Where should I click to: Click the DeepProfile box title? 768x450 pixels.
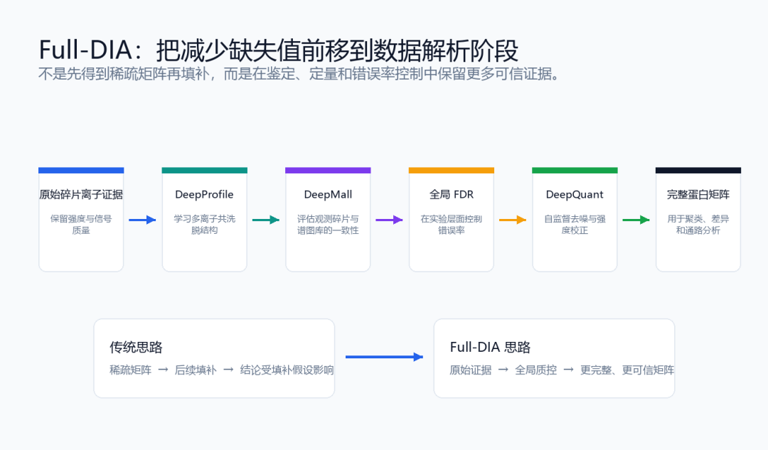click(204, 194)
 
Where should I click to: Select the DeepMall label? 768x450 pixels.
click(328, 194)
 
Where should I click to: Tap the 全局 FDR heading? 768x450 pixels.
click(451, 194)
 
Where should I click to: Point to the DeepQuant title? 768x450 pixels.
click(575, 194)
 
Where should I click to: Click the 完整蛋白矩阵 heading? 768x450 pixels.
click(698, 194)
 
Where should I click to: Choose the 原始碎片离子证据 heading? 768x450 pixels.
click(81, 194)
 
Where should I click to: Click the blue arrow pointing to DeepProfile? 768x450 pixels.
click(142, 220)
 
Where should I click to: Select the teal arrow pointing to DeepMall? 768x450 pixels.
click(266, 220)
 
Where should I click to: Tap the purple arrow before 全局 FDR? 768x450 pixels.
click(390, 220)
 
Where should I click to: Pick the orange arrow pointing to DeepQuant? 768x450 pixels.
click(513, 220)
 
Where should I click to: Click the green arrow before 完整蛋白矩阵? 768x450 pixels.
click(636, 220)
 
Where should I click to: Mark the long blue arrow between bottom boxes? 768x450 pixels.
click(385, 357)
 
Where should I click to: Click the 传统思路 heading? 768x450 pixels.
click(136, 347)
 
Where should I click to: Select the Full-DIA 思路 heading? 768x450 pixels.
click(490, 347)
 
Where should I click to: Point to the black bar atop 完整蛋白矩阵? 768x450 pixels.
click(698, 171)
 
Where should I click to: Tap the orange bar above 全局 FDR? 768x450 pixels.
click(451, 171)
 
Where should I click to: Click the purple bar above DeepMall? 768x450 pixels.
click(328, 171)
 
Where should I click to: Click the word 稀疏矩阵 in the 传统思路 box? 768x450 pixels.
click(130, 370)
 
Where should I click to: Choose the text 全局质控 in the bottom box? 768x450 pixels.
click(536, 370)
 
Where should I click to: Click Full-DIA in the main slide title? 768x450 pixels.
click(86, 50)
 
